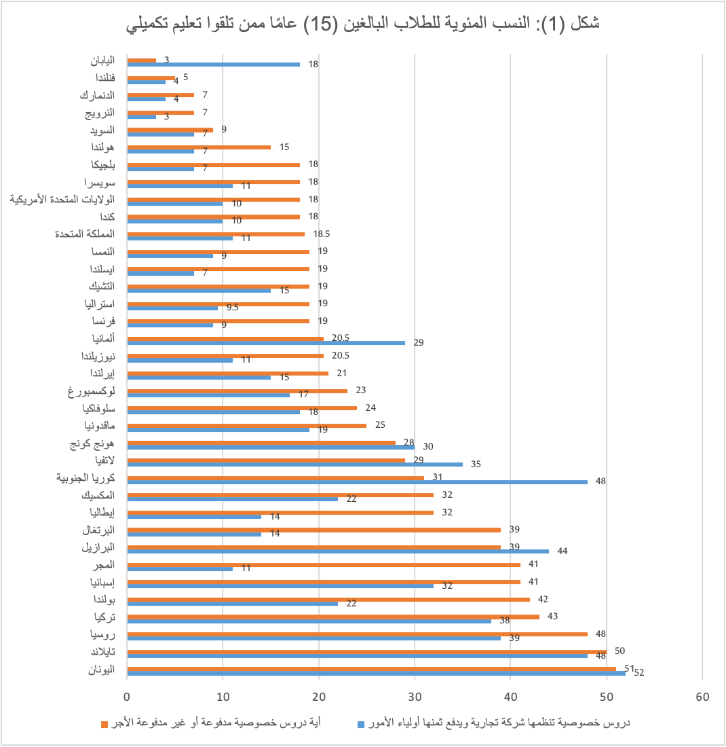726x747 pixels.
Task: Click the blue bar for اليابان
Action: (213, 65)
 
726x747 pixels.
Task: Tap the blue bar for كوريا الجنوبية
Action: (357, 482)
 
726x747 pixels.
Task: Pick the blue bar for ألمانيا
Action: (266, 343)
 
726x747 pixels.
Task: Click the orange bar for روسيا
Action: (357, 634)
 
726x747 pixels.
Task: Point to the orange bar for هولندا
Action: (199, 147)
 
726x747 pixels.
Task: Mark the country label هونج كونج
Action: (92, 445)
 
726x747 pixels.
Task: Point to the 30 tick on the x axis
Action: (415, 697)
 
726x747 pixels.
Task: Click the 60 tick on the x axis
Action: (702, 697)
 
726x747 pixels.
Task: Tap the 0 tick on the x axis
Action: (127, 697)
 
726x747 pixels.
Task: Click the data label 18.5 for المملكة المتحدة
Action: (322, 234)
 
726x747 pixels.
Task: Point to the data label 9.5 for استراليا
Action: (232, 307)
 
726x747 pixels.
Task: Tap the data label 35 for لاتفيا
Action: (476, 464)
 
